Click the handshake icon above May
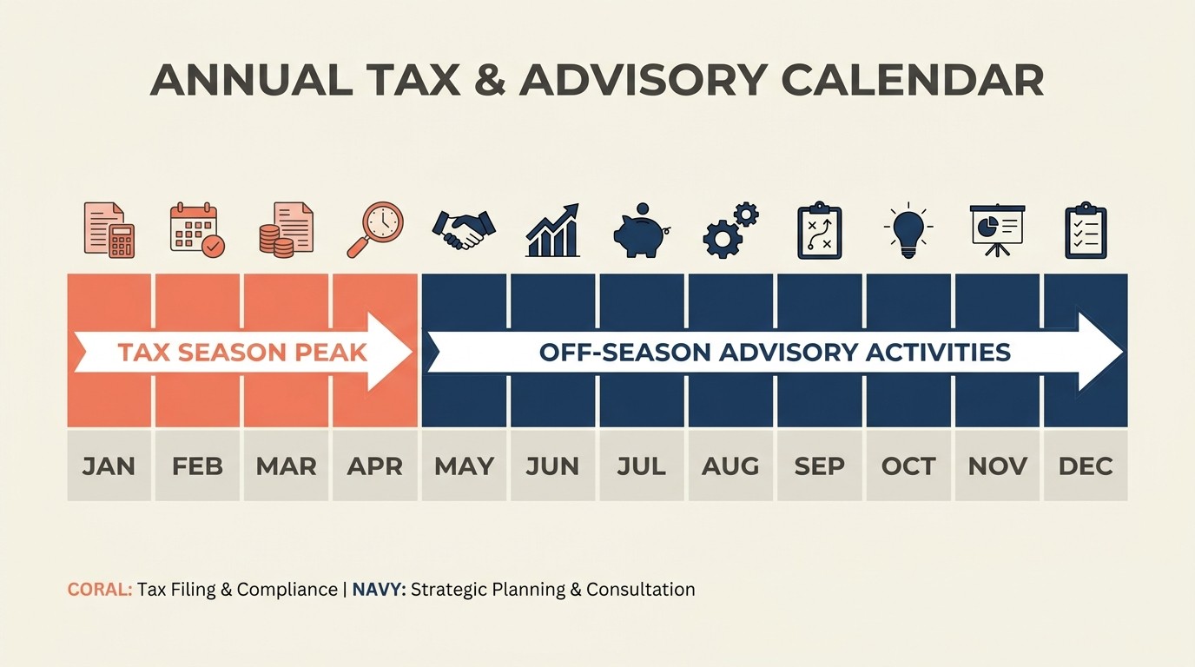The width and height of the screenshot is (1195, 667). point(464,230)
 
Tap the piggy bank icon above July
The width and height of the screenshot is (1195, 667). point(641,230)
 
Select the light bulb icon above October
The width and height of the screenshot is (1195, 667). point(908,230)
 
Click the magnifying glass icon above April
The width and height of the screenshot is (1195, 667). point(375,230)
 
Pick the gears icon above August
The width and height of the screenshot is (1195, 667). point(730,230)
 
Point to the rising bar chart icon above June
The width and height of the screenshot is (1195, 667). point(552,230)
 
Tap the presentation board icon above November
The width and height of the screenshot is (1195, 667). point(997,230)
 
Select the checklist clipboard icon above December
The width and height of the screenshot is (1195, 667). point(1086,230)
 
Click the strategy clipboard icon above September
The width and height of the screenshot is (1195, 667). point(819,230)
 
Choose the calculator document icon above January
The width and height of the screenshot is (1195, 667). point(109,230)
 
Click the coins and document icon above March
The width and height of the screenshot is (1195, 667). point(286,230)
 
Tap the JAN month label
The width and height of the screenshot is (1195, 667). point(109,466)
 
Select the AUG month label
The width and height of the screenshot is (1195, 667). point(730,466)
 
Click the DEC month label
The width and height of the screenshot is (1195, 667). point(1086,466)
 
